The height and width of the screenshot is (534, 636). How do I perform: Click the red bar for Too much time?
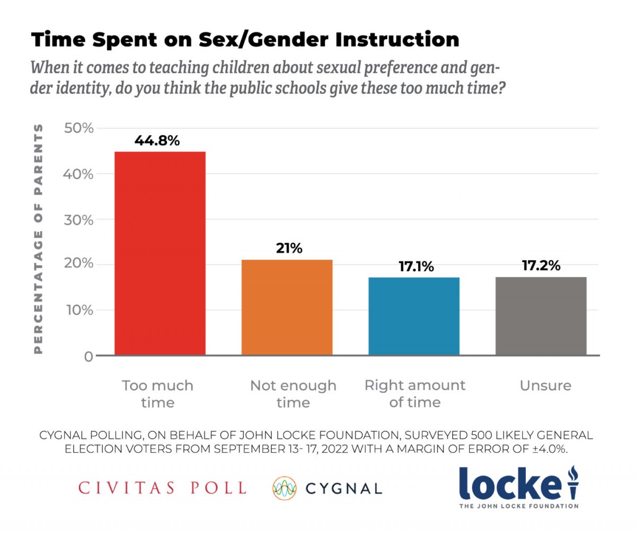[160, 253]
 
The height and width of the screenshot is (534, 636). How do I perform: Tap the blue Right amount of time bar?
[414, 316]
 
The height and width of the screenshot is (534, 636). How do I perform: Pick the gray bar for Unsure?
[541, 316]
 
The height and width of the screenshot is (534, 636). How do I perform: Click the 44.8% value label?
[157, 141]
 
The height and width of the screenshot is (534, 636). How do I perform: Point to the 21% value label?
[289, 248]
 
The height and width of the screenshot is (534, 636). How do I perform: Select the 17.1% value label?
[417, 266]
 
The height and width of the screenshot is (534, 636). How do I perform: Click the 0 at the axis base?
[87, 356]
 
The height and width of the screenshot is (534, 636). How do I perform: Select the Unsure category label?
[546, 385]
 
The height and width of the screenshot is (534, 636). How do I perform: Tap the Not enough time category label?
[293, 393]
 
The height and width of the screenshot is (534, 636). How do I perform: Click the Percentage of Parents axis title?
[38, 239]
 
